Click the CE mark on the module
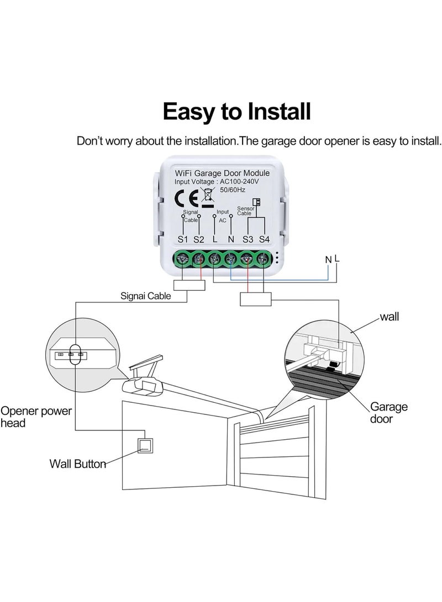tap(186, 198)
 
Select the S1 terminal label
tap(183, 239)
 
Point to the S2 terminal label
tap(199, 239)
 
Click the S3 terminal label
tap(248, 239)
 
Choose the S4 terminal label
tap(264, 239)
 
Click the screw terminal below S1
tap(183, 259)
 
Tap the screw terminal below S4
tap(264, 259)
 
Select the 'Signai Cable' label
tap(146, 296)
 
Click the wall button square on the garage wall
tap(145, 445)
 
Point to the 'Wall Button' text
tap(78, 464)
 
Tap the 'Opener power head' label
tap(36, 417)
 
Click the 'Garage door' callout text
tap(388, 413)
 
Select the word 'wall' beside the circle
tap(390, 317)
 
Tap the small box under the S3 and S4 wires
tap(256, 299)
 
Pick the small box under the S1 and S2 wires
tap(190, 285)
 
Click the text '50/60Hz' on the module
tap(233, 190)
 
